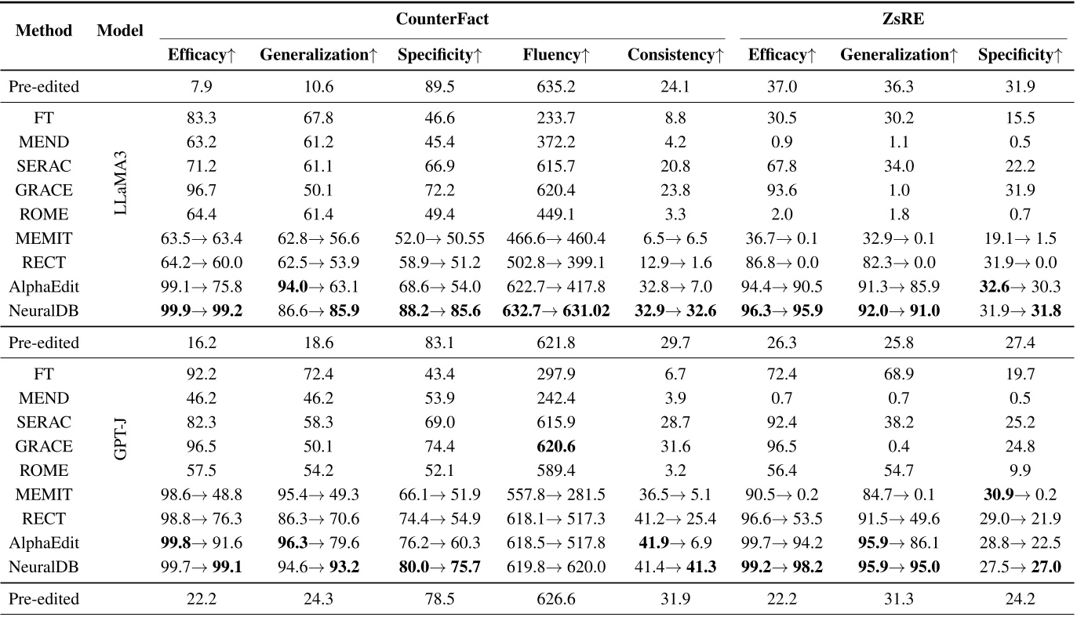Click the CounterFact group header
click(442, 20)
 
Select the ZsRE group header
click(903, 20)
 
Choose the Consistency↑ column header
click(675, 56)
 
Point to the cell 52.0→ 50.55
click(438, 238)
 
